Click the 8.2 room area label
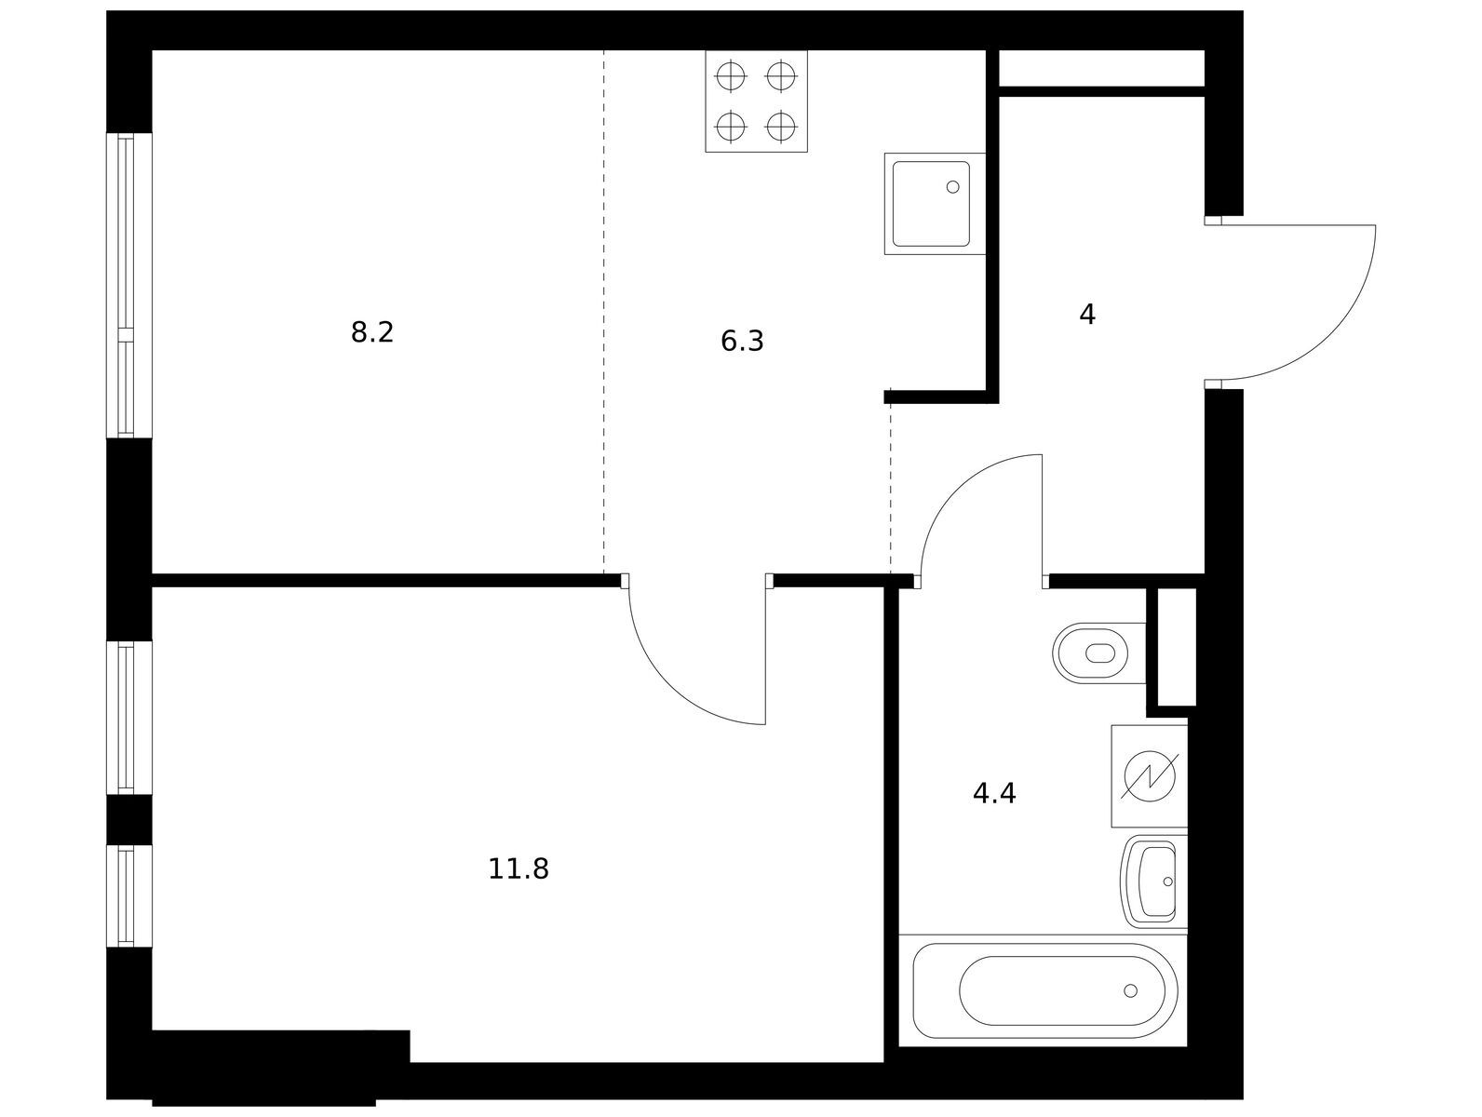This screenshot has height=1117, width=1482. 371,332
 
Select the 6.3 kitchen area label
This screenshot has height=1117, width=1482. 741,342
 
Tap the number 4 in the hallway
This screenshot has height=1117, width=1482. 1087,315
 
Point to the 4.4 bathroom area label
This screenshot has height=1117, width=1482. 994,794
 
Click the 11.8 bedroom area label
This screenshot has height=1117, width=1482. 518,869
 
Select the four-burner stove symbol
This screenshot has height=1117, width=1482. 756,101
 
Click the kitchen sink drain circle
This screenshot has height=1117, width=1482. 952,187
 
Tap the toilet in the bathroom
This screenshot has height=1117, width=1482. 1099,653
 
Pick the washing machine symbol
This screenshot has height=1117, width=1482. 1149,776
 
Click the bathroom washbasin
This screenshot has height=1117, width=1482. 1154,881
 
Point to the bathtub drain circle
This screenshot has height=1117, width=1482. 1130,990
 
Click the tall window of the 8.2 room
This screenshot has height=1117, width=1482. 129,286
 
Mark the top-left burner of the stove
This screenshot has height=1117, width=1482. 731,75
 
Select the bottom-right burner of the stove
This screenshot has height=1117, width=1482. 781,127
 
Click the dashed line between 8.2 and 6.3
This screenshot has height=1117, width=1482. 603,311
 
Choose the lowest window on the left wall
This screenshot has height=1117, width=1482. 129,896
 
